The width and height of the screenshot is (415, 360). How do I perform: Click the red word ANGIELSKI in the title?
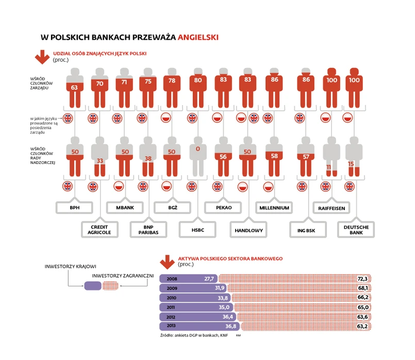coord(198,37)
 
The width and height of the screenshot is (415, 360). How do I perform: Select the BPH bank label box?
coord(74,208)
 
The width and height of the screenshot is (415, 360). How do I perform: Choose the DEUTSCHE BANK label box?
coord(356,230)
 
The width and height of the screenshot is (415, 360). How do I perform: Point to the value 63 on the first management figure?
coord(74,88)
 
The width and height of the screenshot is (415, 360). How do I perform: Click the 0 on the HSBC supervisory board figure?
coord(197,148)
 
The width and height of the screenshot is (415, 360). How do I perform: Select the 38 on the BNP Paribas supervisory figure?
coord(148,159)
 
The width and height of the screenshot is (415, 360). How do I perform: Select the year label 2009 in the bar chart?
coord(173,288)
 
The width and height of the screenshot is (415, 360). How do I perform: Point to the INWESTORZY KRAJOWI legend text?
coord(70,266)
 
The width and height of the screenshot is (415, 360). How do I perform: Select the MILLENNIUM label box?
coord(274,208)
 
